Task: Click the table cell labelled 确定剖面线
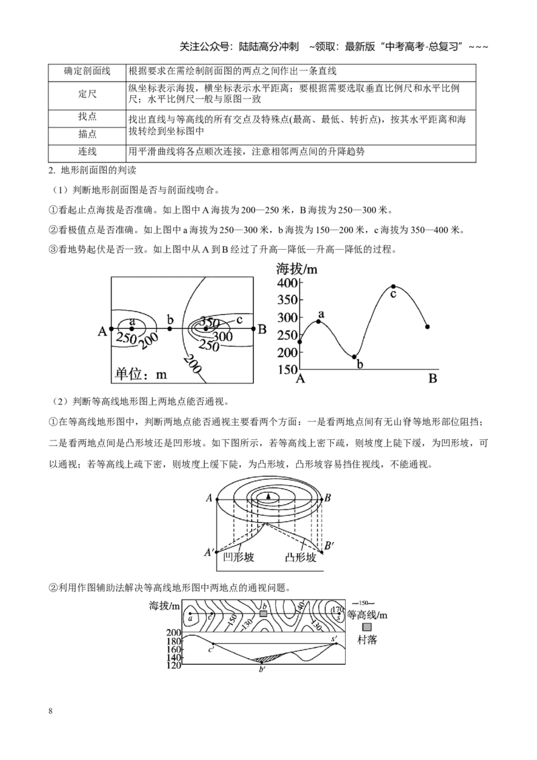[x=87, y=71]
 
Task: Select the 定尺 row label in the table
[x=87, y=93]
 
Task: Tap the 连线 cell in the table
[x=87, y=152]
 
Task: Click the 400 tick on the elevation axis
[x=287, y=283]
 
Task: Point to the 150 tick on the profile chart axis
[x=287, y=369]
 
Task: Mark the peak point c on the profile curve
[x=393, y=287]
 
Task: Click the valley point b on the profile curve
[x=354, y=357]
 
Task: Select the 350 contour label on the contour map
[x=210, y=323]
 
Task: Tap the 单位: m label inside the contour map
[x=141, y=374]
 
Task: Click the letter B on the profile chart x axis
[x=433, y=379]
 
